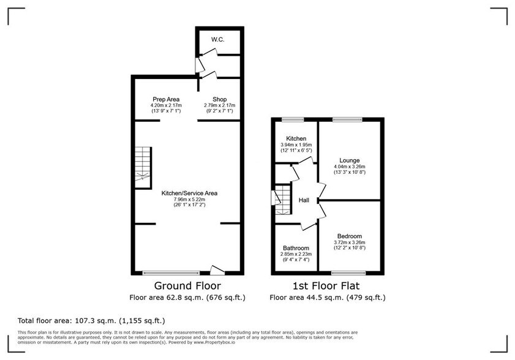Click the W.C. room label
click(217, 40)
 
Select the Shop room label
click(219, 99)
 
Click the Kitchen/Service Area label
click(189, 193)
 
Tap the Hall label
click(304, 200)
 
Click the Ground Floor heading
click(187, 286)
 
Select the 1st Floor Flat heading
click(328, 286)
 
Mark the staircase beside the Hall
click(282, 201)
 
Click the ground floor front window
click(171, 272)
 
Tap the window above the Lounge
click(351, 119)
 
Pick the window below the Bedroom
click(348, 272)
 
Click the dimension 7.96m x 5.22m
click(189, 200)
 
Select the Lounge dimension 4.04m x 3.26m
click(349, 167)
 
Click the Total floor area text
click(90, 320)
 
